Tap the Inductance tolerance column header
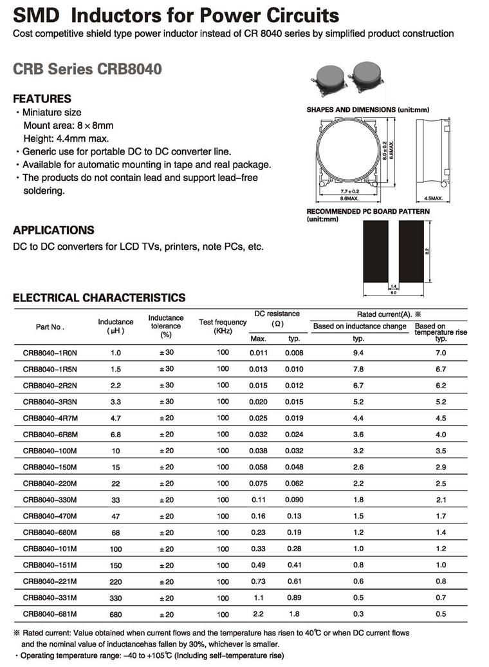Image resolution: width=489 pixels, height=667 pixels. [x=166, y=326]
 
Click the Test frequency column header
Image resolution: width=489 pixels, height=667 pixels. [x=223, y=326]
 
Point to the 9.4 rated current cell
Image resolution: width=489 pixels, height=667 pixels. [x=359, y=353]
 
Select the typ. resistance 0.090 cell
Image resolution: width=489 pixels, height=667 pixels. [x=294, y=500]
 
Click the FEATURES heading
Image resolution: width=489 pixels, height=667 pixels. [x=42, y=99]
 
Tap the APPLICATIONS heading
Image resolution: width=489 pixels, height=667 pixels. [x=53, y=230]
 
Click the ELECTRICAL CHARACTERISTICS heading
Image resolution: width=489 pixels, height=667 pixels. [x=99, y=297]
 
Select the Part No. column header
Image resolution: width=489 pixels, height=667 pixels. [x=50, y=326]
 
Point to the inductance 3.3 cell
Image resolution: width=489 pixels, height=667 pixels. [x=116, y=402]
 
